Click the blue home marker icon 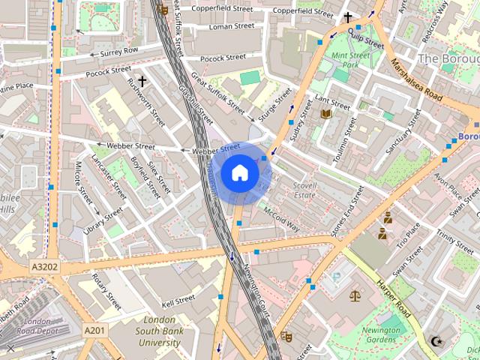click(239, 172)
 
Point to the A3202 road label click(46, 265)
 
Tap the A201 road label click(94, 330)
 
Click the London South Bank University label click(160, 331)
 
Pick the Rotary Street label click(106, 292)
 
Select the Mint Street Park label click(350, 60)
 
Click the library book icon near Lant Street click(325, 114)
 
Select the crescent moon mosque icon click(436, 342)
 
